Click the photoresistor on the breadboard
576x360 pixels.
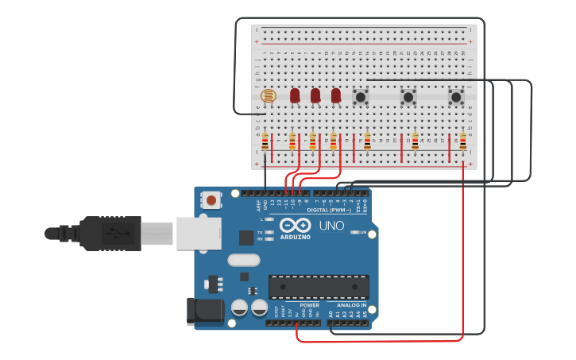pyautogui.click(x=268, y=96)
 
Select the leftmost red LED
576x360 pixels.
pyautogui.click(x=295, y=95)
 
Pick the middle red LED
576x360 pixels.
pyautogui.click(x=315, y=95)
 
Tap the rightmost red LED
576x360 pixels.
pyautogui.click(x=336, y=95)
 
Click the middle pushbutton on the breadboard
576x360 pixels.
pyautogui.click(x=408, y=97)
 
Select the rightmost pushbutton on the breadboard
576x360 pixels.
pyautogui.click(x=456, y=97)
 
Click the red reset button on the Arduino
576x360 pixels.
pyautogui.click(x=211, y=200)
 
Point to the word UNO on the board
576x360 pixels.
pyautogui.click(x=331, y=226)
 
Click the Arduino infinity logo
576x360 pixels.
pyautogui.click(x=294, y=226)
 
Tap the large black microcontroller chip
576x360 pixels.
pyautogui.click(x=319, y=287)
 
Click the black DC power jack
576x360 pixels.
pyautogui.click(x=203, y=312)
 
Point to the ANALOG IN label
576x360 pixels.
pyautogui.click(x=352, y=305)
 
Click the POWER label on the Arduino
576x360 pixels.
pyautogui.click(x=310, y=305)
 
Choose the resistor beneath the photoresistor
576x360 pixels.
pyautogui.click(x=265, y=141)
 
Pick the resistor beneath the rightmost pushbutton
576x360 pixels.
pyautogui.click(x=462, y=141)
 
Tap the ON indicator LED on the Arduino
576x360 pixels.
pyautogui.click(x=354, y=232)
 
